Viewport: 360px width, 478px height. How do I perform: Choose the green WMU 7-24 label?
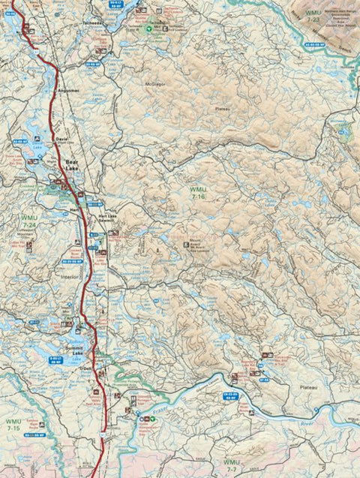click(29, 221)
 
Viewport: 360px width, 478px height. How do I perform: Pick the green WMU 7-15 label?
click(13, 422)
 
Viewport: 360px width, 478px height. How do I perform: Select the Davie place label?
click(61, 140)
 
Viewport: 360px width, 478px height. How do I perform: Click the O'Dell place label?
click(85, 368)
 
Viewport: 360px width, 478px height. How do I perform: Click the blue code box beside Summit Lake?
click(55, 360)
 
